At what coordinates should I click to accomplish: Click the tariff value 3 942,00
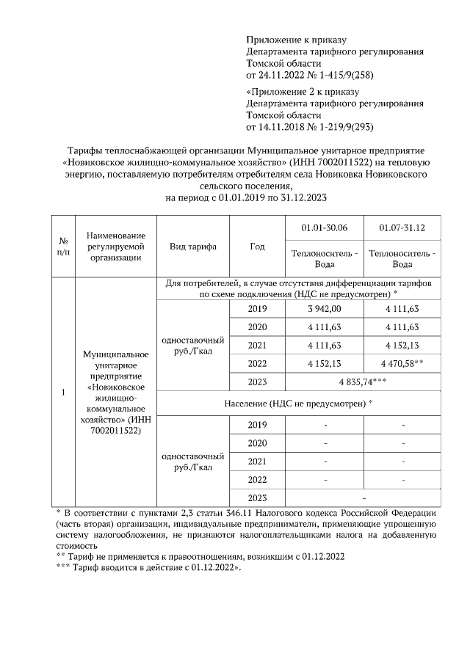click(324, 308)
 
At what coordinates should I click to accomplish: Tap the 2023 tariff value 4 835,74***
click(363, 382)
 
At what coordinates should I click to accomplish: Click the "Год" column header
click(257, 247)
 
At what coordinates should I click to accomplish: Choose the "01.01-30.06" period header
click(324, 228)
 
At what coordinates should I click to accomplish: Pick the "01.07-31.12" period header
click(402, 228)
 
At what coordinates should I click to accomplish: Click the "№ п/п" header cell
click(63, 247)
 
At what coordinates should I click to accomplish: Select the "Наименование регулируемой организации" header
click(116, 247)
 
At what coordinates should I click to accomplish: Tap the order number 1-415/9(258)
click(344, 75)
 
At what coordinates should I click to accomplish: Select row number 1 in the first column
click(63, 393)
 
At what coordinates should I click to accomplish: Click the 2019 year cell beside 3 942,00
click(258, 308)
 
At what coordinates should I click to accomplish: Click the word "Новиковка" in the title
click(340, 175)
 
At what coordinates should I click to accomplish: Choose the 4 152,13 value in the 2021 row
click(402, 345)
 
